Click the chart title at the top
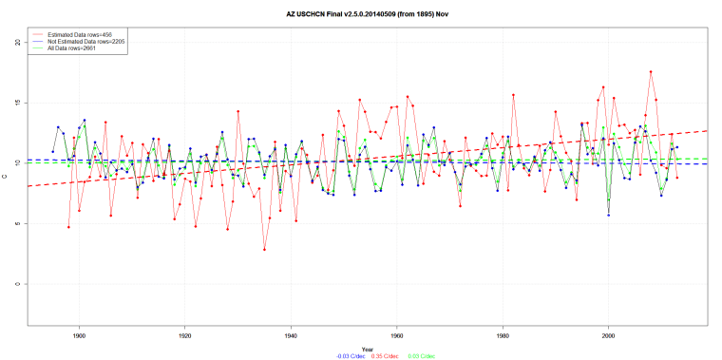coord(361,15)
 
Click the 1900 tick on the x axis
coord(79,335)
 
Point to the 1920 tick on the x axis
coord(184,335)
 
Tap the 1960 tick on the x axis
coord(396,335)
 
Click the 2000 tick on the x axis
coord(608,335)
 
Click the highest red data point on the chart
coord(651,71)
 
